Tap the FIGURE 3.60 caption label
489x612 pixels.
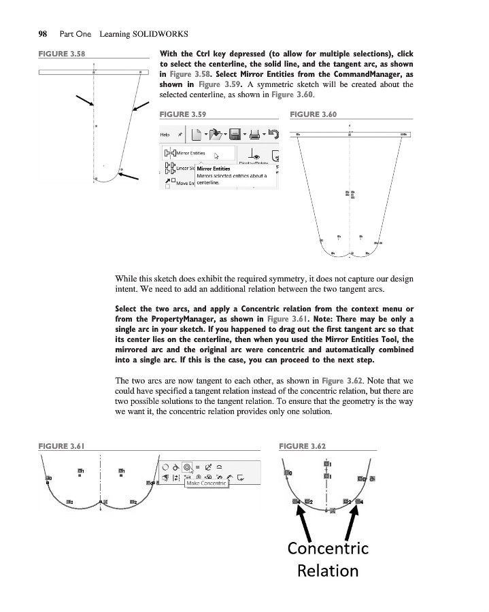[x=314, y=114]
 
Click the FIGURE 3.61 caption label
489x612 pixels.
[x=61, y=446]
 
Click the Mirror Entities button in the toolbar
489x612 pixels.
[x=191, y=154]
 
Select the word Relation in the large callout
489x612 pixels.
[x=328, y=570]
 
